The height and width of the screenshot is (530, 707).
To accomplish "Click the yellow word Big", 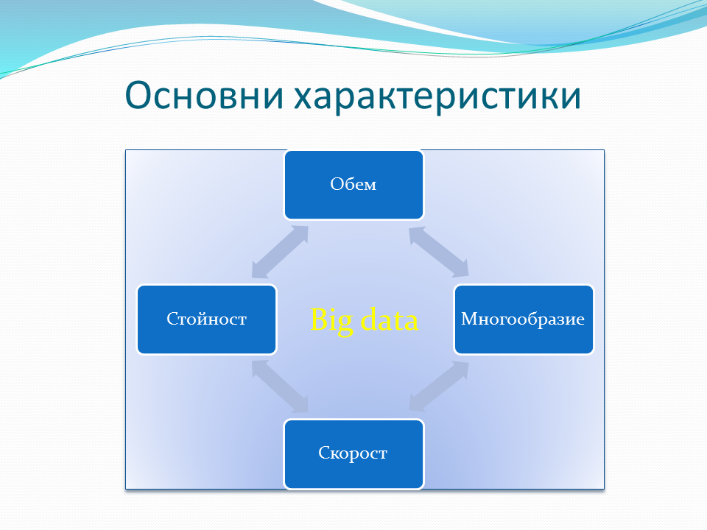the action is pyautogui.click(x=331, y=320).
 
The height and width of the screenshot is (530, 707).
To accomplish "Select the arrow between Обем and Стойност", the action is pyautogui.click(x=280, y=252).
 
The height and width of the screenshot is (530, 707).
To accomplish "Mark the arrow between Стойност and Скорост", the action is pyautogui.click(x=280, y=386).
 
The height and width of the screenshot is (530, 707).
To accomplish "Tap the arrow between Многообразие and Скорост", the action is pyautogui.click(x=438, y=386).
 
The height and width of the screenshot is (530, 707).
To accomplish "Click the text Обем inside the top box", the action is pyautogui.click(x=353, y=184).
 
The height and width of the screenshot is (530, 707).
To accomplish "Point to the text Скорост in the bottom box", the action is pyautogui.click(x=353, y=453).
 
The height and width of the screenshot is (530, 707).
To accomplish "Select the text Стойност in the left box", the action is pyautogui.click(x=206, y=319).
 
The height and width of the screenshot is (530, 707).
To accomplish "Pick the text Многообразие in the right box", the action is pyautogui.click(x=523, y=319).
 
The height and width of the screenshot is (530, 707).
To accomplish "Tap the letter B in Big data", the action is pyautogui.click(x=318, y=320).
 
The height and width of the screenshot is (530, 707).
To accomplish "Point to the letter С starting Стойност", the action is pyautogui.click(x=171, y=319).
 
